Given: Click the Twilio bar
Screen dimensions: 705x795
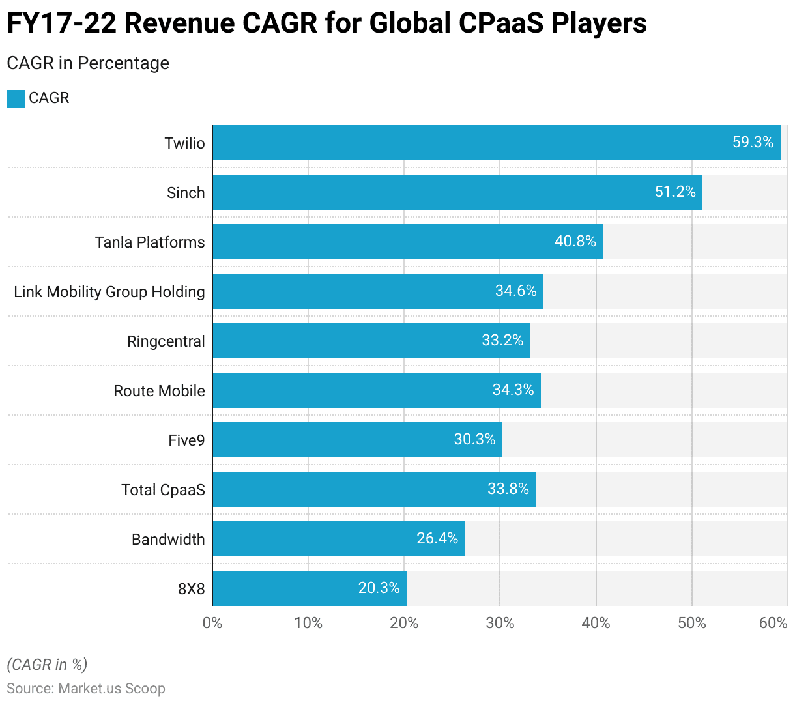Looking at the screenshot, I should [x=495, y=143].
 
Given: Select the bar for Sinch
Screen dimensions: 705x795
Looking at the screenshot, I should [x=456, y=192].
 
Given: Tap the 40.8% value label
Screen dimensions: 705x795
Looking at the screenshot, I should [x=575, y=241].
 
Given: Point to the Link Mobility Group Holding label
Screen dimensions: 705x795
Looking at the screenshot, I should [x=109, y=292].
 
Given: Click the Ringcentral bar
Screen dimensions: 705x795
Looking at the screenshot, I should [x=371, y=341].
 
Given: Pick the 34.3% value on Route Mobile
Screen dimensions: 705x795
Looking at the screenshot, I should [x=513, y=390].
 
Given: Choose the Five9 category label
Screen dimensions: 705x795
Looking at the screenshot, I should [x=186, y=440].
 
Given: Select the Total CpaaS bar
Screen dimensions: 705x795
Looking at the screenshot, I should [x=373, y=489].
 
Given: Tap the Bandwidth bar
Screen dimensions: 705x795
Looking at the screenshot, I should [x=339, y=539].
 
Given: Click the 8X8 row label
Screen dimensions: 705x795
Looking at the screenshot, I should [x=192, y=589].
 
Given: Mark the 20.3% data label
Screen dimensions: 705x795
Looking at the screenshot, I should [x=379, y=588].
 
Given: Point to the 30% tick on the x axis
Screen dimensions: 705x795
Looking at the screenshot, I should [x=500, y=623].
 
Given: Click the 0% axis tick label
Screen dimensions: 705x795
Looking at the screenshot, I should [x=212, y=623].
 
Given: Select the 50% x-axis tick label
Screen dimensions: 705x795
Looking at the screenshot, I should [x=691, y=623].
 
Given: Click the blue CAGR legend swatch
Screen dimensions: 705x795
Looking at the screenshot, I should [x=16, y=99].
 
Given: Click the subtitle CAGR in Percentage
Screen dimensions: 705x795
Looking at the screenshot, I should [x=88, y=63].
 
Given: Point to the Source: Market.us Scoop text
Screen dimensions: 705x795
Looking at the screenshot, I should [x=86, y=689].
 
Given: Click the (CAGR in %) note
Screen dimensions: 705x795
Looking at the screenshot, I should [x=47, y=665].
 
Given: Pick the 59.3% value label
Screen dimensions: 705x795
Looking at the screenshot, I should [x=752, y=142].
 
